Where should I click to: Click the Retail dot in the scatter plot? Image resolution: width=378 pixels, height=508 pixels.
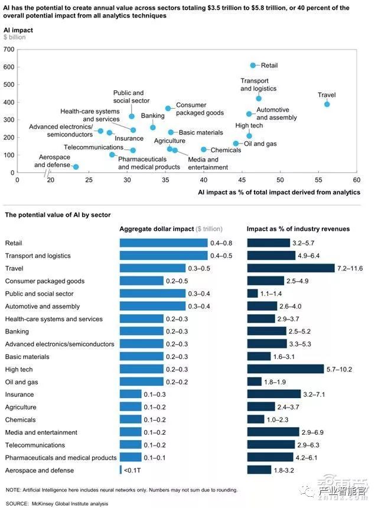pyautogui.click(x=253, y=65)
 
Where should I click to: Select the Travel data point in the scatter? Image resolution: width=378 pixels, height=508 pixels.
pyautogui.click(x=327, y=105)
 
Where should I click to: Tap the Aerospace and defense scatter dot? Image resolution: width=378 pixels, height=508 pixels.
pyautogui.click(x=76, y=167)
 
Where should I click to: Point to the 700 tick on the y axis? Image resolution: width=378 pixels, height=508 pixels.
pyautogui.click(x=10, y=49)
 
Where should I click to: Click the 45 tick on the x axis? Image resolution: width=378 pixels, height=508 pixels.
pyautogui.click(x=242, y=179)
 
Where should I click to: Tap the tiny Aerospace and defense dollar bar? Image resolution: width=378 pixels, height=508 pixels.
pyautogui.click(x=120, y=470)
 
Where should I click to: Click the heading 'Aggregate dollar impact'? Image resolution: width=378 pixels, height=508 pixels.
pyautogui.click(x=157, y=229)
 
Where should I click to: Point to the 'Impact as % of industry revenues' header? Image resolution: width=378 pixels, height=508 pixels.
pyautogui.click(x=298, y=229)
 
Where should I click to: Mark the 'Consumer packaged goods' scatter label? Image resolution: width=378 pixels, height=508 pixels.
pyautogui.click(x=200, y=109)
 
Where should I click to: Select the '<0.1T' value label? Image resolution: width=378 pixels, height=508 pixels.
pyautogui.click(x=131, y=470)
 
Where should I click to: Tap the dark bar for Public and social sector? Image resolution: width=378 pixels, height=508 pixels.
pyautogui.click(x=252, y=294)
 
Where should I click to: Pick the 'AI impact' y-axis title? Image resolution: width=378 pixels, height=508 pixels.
pyautogui.click(x=18, y=29)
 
